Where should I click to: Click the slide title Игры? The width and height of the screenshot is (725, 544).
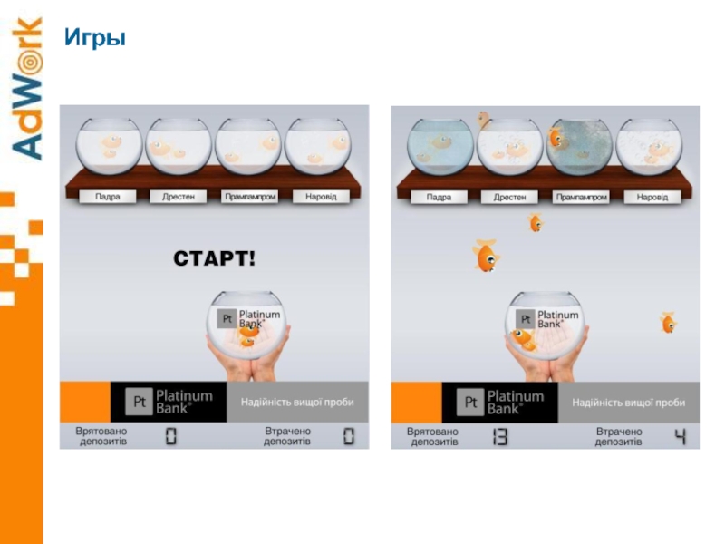point(95,38)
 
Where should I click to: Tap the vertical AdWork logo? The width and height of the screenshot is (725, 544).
point(27,88)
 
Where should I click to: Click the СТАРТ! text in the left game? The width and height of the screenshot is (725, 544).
point(214,258)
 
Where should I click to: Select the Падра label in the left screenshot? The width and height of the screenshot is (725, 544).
point(108,197)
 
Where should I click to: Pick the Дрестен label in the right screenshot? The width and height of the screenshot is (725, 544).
point(509,197)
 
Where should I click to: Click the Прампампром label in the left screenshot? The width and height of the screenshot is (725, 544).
point(250,197)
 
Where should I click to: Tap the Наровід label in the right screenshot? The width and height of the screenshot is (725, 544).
point(652,197)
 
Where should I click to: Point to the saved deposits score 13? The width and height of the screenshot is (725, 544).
point(500,437)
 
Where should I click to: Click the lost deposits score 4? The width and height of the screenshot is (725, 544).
point(680,437)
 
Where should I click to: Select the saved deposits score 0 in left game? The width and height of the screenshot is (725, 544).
point(171,436)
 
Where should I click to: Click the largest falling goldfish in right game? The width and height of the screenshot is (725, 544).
point(486,255)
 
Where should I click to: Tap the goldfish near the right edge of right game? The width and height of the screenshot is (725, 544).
point(668,323)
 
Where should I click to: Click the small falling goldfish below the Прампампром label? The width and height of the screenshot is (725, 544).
point(536,222)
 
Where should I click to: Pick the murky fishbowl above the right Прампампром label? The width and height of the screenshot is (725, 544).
point(580,147)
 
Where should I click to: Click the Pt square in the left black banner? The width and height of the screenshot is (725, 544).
point(140,402)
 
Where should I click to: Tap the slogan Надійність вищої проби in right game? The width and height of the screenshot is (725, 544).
point(628,403)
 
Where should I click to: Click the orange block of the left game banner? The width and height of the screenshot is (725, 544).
point(85,402)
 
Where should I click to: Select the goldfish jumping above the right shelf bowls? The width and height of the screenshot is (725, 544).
point(484,119)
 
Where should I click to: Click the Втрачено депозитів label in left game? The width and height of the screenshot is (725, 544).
point(287,436)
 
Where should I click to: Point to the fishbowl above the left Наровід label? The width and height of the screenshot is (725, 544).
point(318,147)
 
